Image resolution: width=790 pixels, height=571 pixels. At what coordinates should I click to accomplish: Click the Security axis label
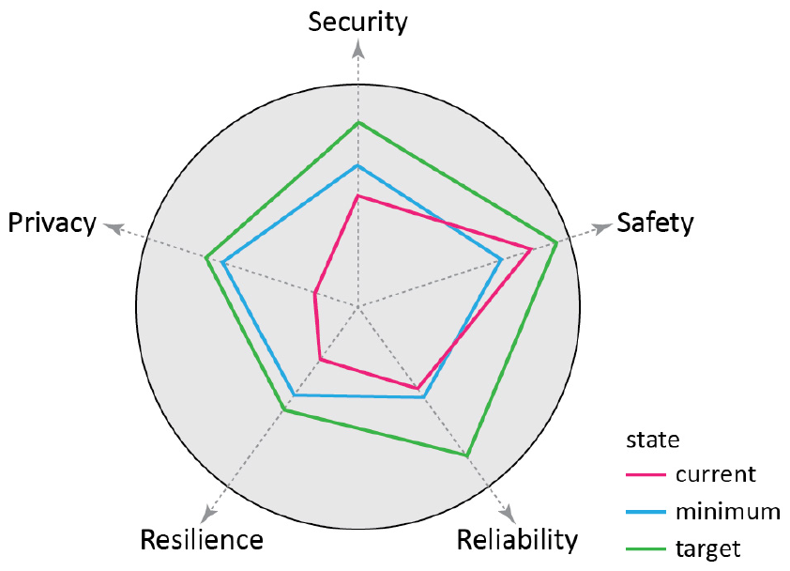pyautogui.click(x=357, y=22)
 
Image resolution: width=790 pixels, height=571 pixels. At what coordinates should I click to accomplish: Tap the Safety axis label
pyautogui.click(x=655, y=223)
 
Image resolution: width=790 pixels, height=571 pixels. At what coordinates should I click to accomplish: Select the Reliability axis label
pyautogui.click(x=517, y=541)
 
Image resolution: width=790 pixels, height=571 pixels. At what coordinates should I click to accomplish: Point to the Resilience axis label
pyautogui.click(x=201, y=541)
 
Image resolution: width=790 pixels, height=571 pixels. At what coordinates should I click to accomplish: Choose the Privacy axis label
pyautogui.click(x=53, y=223)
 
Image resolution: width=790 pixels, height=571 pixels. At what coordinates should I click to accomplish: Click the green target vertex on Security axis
pyautogui.click(x=357, y=123)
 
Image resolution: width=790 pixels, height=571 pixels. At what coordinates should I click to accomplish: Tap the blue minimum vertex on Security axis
pyautogui.click(x=357, y=165)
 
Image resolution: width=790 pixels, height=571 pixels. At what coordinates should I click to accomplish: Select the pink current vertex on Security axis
pyautogui.click(x=357, y=195)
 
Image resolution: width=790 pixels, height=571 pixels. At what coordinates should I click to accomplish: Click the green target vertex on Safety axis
pyautogui.click(x=557, y=242)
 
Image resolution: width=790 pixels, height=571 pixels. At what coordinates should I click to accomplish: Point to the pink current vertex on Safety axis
pyautogui.click(x=531, y=249)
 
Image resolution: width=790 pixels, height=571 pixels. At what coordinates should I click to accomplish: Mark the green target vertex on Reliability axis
pyautogui.click(x=466, y=455)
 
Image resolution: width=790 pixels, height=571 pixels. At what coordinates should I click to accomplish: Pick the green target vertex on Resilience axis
pyautogui.click(x=283, y=409)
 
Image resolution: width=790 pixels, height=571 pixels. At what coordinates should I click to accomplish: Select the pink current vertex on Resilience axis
pyautogui.click(x=320, y=359)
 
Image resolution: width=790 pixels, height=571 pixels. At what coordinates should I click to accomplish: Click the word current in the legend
pyautogui.click(x=715, y=474)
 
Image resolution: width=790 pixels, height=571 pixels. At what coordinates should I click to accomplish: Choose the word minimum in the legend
pyautogui.click(x=727, y=512)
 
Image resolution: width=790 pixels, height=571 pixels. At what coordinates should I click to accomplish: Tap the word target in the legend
pyautogui.click(x=707, y=548)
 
